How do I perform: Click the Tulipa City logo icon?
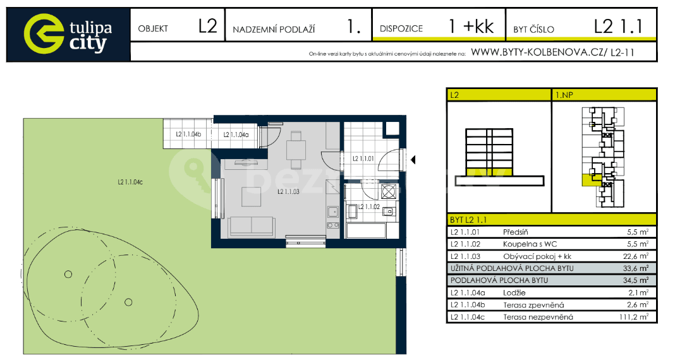tap(44, 33)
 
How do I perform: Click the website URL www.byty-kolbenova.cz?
tap(537, 53)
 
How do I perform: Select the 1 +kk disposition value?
tap(470, 27)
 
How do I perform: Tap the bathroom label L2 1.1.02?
tap(369, 206)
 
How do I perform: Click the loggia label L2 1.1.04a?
tap(236, 135)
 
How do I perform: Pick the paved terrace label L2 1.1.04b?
tap(188, 135)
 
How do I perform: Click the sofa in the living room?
tap(252, 225)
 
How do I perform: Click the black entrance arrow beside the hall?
tap(413, 160)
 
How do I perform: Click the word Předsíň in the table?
tap(515, 232)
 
